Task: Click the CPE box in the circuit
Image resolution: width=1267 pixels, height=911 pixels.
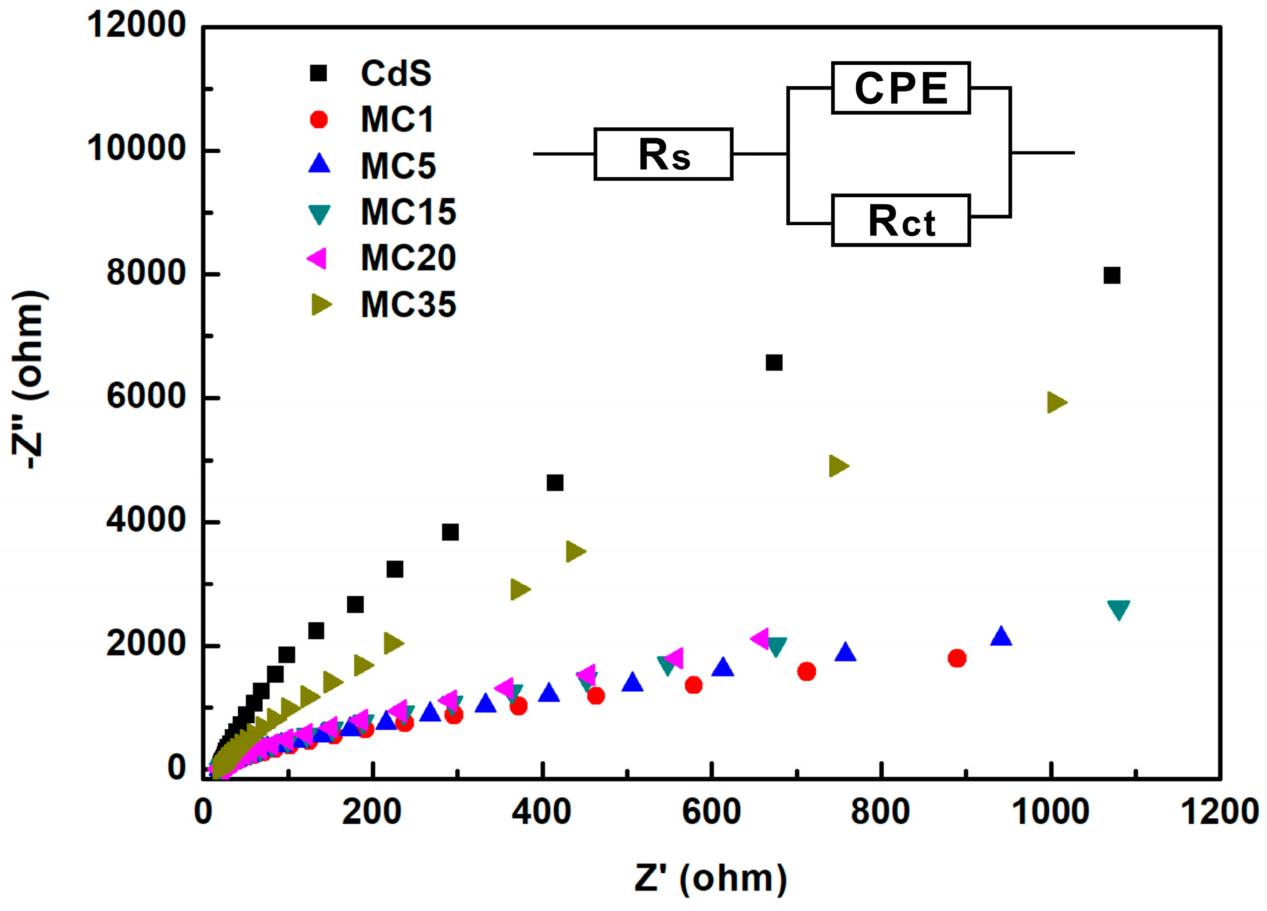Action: coord(901,88)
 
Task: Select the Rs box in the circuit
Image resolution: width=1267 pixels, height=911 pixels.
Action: coord(663,154)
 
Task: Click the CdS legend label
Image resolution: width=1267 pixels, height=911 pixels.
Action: coord(395,73)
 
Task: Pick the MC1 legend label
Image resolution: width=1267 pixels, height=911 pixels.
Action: coord(397,120)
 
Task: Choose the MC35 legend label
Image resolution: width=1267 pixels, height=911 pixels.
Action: coord(408,304)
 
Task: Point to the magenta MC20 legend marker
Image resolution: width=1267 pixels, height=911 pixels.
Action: coord(317,258)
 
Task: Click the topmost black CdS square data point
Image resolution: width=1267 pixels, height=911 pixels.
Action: coord(1112,276)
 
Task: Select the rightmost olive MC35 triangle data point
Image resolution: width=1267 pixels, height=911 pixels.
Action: coord(1056,402)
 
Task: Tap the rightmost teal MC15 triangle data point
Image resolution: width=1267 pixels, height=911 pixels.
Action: coord(1118,609)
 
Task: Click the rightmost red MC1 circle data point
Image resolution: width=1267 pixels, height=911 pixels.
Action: coord(957,658)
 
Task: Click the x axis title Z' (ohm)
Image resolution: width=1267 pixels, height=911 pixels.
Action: coord(710,878)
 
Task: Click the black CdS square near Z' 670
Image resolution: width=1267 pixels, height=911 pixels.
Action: coord(774,363)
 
